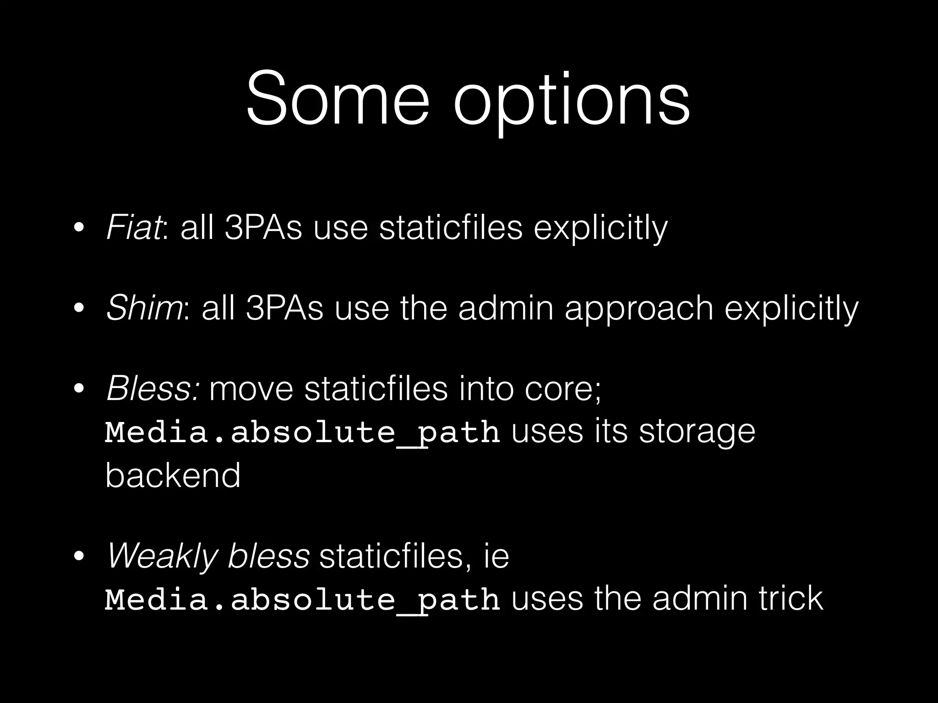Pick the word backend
[x=173, y=475]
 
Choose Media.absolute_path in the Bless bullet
[x=302, y=433]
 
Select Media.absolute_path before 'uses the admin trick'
[x=302, y=599]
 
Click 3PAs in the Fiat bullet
[x=263, y=227]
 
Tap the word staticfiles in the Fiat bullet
[x=451, y=227]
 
